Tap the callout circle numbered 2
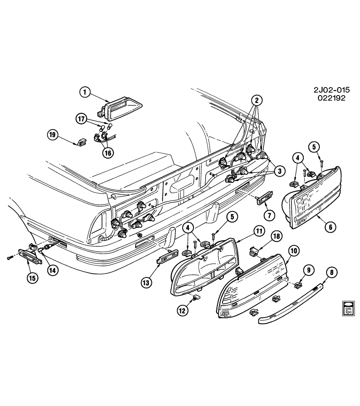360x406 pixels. pos(256,100)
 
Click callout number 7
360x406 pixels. pos(269,215)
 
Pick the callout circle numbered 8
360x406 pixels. pos(331,273)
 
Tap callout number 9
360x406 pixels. pos(308,269)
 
